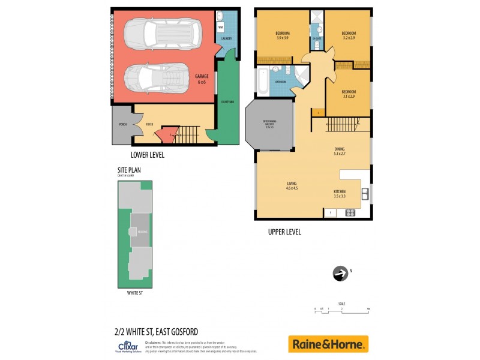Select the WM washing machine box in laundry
221,28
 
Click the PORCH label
122,125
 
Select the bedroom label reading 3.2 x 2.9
349,35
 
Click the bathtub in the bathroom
265,82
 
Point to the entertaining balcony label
268,124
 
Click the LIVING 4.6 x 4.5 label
292,186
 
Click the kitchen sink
364,194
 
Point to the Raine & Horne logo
328,344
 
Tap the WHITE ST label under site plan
135,293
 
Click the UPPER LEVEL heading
285,232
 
